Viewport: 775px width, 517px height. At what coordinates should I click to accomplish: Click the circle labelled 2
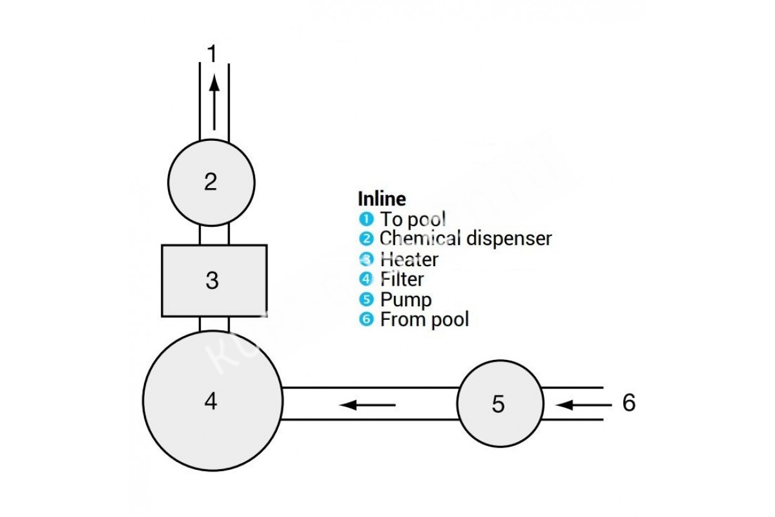211,182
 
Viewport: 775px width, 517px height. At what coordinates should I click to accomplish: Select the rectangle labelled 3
214,280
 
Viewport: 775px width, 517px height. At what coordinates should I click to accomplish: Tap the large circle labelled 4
212,401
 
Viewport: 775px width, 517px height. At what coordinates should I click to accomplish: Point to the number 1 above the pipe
212,54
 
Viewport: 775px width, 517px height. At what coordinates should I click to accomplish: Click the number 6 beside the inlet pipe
628,403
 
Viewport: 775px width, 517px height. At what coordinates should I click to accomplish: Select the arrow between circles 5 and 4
367,405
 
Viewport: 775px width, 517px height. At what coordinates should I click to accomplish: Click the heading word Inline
382,198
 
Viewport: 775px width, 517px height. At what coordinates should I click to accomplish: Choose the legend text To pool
413,219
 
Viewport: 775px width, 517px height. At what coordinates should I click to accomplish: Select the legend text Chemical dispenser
466,238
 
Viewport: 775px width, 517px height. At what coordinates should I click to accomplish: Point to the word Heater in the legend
409,259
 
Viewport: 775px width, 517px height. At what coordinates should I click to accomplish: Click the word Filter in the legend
402,279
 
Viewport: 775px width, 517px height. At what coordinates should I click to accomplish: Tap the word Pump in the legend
406,299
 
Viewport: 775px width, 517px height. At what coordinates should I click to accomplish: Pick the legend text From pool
424,319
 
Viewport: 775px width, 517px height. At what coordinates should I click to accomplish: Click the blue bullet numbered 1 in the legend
366,219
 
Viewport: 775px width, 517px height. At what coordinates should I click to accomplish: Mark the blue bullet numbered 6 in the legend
366,319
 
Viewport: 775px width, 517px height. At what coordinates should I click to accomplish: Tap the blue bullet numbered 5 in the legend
366,299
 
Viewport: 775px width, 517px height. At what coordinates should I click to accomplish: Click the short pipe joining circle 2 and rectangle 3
214,235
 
